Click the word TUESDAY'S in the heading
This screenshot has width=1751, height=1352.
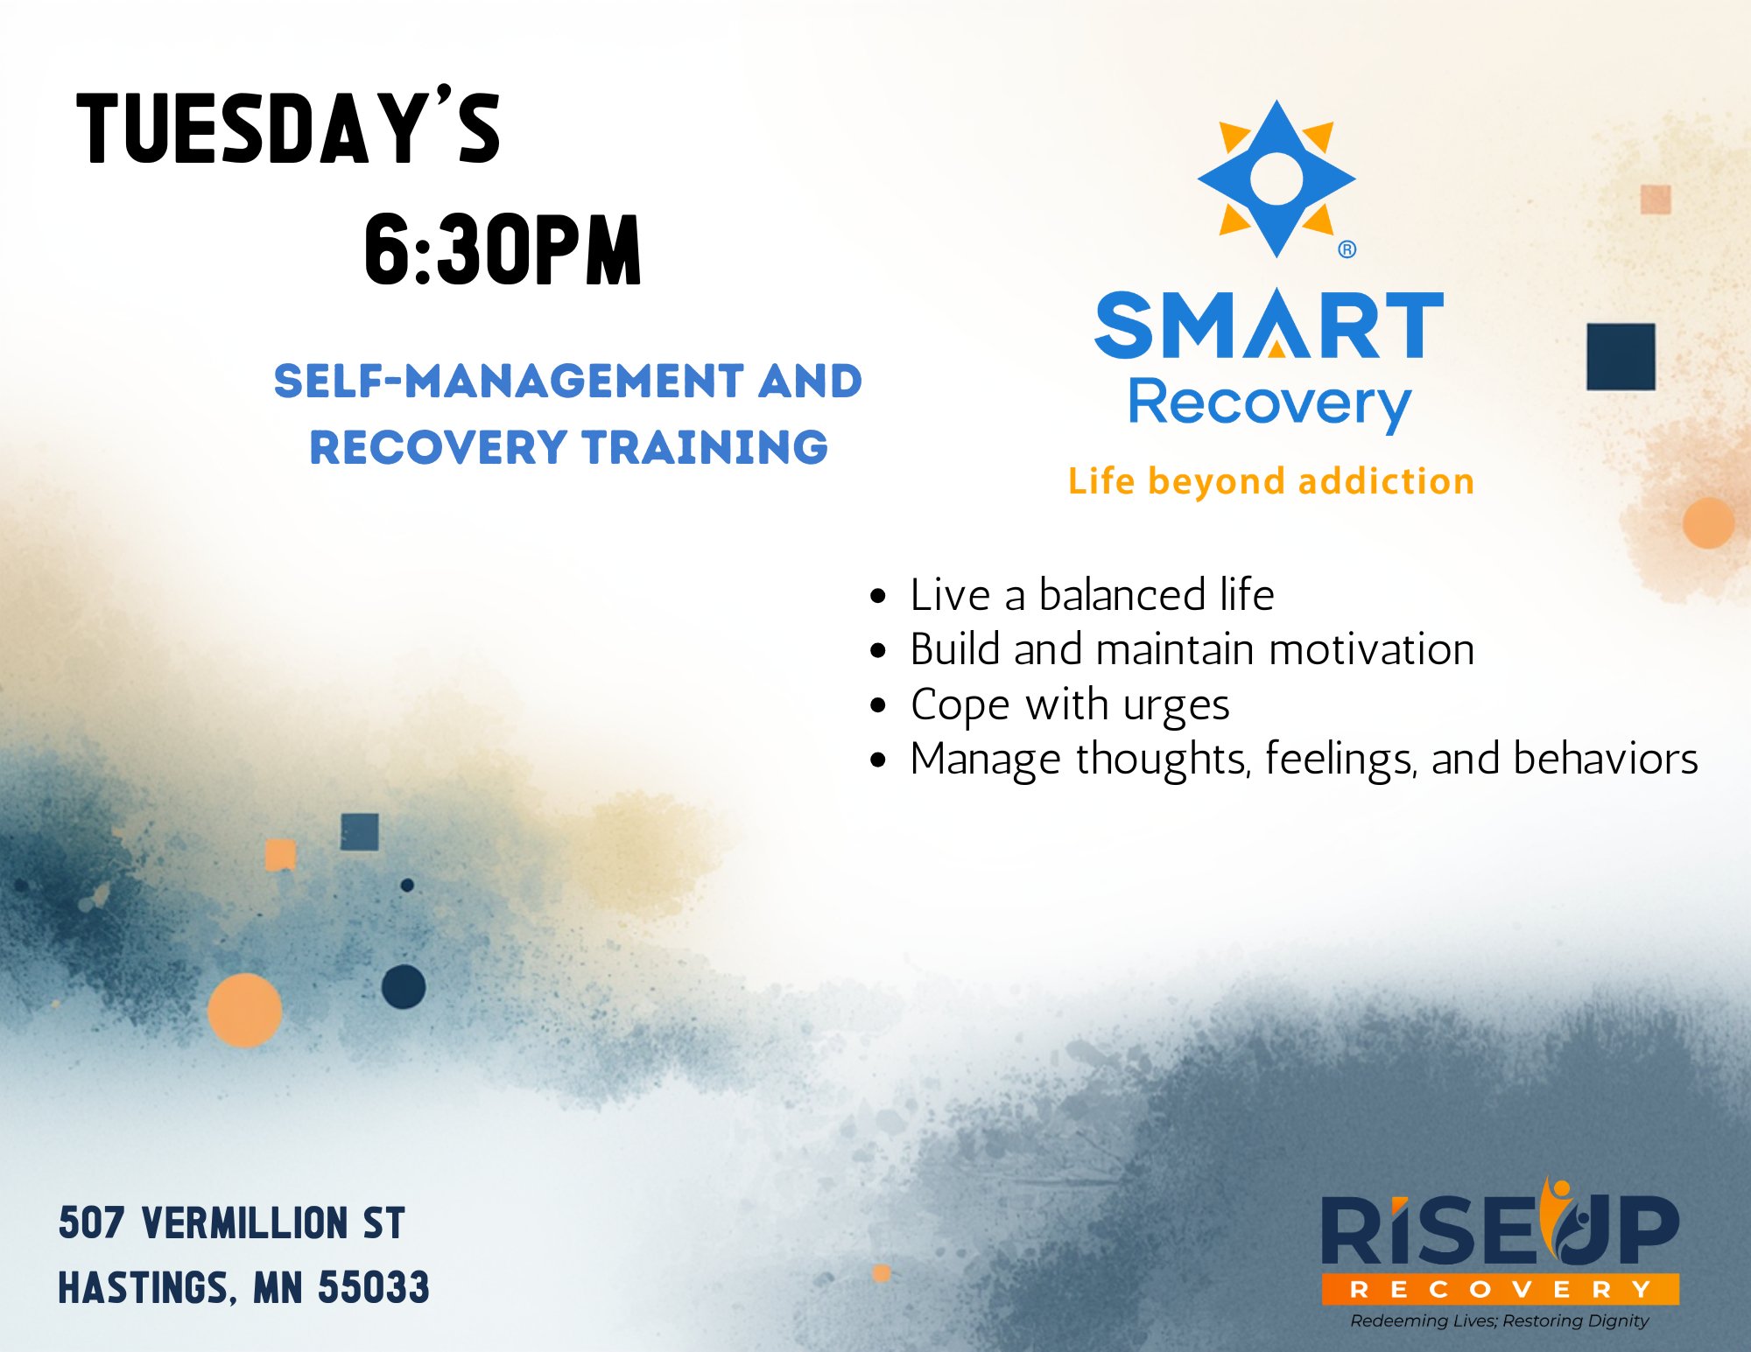coord(289,127)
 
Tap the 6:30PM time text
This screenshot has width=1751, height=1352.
coord(503,251)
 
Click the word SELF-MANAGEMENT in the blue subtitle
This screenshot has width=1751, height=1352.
coord(510,382)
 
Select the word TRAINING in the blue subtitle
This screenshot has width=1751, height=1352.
coord(706,447)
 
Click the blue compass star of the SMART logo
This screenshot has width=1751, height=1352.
coord(1276,179)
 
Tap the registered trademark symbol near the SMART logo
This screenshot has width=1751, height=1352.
coord(1347,249)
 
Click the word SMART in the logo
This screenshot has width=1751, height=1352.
coord(1269,325)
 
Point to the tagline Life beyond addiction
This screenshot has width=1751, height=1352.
coord(1271,481)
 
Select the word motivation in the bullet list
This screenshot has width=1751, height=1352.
coord(1372,649)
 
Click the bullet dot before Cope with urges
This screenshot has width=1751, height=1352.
coord(878,705)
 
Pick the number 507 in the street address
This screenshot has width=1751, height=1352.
coord(92,1222)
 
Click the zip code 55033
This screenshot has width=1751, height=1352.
coord(374,1287)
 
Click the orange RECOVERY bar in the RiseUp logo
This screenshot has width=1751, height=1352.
coord(1500,1289)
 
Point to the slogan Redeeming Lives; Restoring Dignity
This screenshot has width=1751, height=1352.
coord(1499,1320)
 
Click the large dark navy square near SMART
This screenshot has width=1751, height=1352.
coord(1621,357)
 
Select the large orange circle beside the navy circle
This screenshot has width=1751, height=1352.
coord(245,1010)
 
